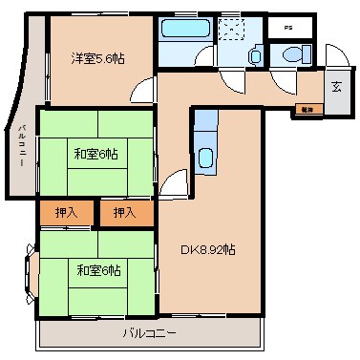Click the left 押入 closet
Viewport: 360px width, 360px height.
(67, 212)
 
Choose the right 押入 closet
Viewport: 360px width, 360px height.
(126, 212)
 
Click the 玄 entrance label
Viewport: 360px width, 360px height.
(336, 87)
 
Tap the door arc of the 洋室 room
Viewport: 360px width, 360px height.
(141, 93)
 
